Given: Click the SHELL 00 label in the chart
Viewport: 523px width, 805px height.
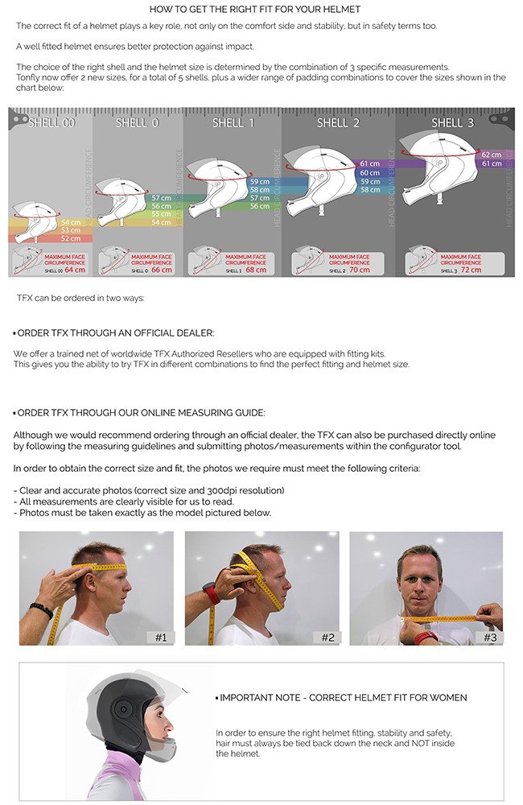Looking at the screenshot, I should click(x=51, y=122).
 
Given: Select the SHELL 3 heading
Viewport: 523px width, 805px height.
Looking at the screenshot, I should click(x=447, y=122).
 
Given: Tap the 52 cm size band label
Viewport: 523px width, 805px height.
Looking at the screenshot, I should click(x=71, y=239).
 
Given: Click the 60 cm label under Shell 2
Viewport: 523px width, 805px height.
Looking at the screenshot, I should click(x=369, y=173).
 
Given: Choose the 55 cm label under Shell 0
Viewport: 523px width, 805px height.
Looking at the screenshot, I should click(x=161, y=214).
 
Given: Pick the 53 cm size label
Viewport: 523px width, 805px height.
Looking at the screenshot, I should click(x=71, y=230).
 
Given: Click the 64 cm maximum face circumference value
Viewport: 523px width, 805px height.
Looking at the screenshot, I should click(x=75, y=270).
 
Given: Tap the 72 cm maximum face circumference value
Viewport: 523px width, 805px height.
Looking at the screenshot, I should click(x=471, y=270).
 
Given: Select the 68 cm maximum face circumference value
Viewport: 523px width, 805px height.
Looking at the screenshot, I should click(x=257, y=270).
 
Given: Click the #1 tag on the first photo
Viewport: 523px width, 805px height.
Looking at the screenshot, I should click(x=161, y=637).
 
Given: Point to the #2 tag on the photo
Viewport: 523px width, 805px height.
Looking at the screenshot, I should click(x=327, y=637).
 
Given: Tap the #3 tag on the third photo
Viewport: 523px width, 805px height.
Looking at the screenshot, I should click(x=491, y=637).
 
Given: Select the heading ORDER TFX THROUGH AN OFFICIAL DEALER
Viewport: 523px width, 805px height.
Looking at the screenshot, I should click(x=115, y=332).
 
